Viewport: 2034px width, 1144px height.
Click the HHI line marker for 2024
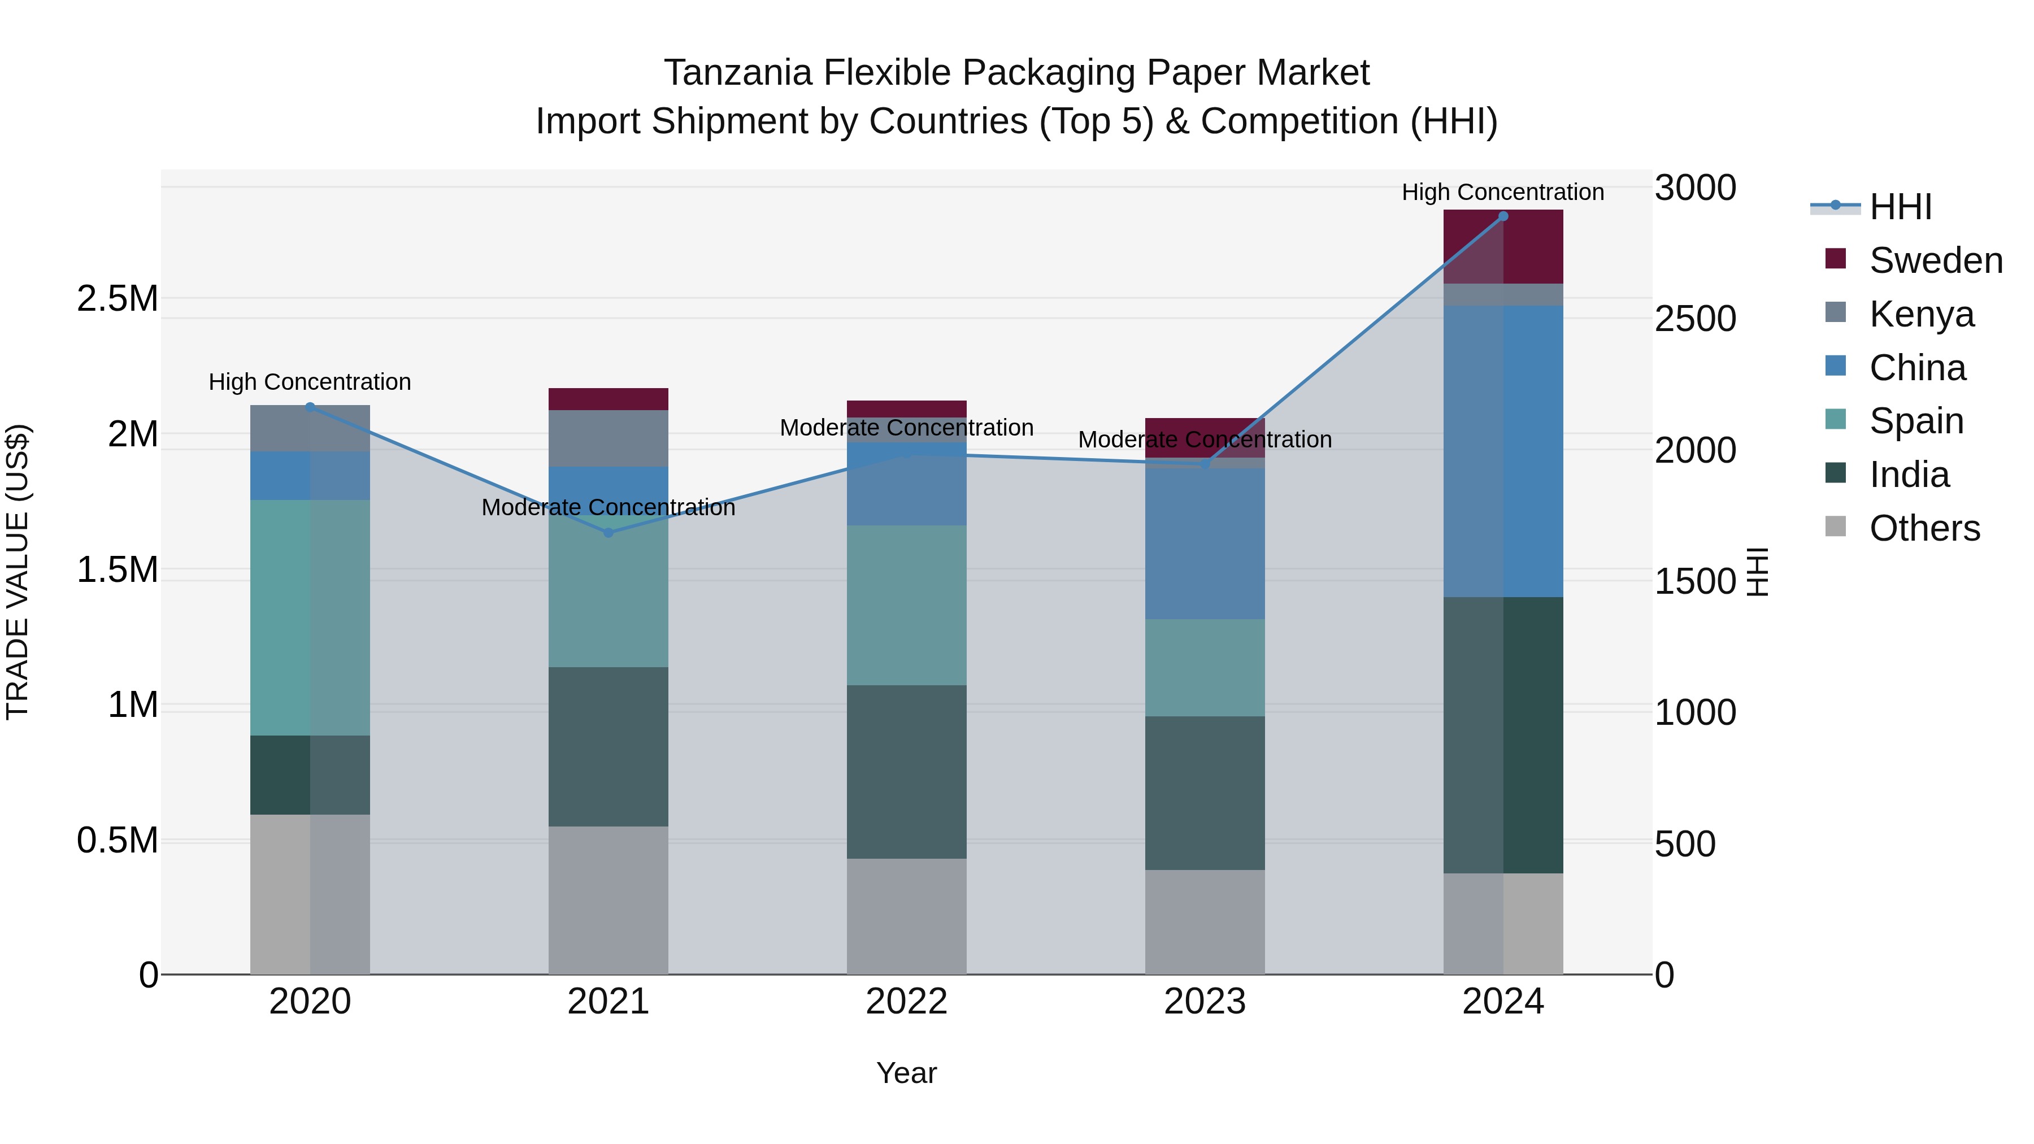[1502, 216]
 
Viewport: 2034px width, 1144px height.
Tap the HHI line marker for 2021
[608, 533]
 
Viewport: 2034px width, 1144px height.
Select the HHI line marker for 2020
[310, 407]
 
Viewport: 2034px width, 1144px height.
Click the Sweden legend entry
[1935, 260]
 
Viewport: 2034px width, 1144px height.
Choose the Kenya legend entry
[1920, 314]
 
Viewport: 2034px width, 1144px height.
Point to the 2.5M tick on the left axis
[117, 298]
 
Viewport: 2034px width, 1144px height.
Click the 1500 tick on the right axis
[1695, 581]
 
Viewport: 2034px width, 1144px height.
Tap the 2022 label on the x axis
[906, 1002]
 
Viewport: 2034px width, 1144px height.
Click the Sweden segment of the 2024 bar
[1502, 247]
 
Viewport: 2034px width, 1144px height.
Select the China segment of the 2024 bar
[1502, 451]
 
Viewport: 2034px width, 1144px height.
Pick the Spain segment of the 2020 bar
[310, 617]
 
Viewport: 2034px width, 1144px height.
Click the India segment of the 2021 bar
[608, 746]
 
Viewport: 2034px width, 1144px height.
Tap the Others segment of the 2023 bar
[1204, 921]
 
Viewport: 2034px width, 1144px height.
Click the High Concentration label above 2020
[310, 382]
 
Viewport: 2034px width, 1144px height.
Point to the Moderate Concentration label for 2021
[608, 508]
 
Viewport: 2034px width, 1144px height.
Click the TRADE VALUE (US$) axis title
[18, 572]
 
